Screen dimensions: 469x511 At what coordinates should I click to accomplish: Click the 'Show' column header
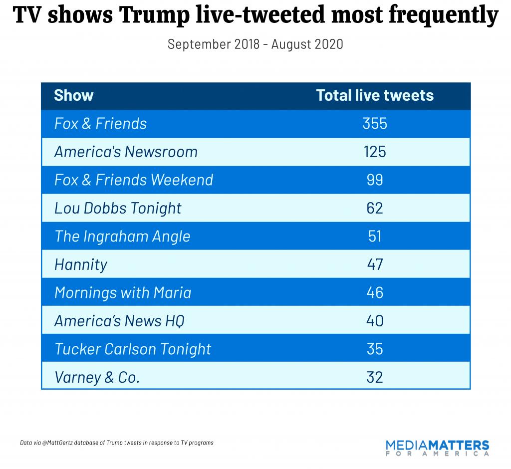pos(73,95)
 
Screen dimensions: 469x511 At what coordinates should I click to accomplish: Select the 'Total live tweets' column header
pos(375,95)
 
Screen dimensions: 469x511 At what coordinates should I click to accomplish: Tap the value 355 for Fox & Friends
pos(375,123)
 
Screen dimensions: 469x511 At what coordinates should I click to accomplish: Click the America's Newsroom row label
pos(126,152)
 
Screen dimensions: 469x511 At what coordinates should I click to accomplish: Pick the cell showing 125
pos(375,152)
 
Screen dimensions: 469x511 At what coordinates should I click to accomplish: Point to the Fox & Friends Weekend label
pos(133,180)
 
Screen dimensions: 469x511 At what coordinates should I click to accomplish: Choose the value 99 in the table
pos(375,180)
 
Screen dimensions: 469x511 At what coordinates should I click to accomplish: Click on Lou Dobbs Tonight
pos(118,208)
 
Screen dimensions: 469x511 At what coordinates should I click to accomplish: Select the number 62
pos(375,208)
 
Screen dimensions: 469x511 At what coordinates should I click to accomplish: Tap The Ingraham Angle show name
pos(122,236)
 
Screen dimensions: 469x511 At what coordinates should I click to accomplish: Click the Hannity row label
pos(81,264)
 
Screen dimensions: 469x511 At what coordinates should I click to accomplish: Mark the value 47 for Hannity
pos(375,264)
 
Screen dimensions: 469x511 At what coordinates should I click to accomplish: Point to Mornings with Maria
pos(123,292)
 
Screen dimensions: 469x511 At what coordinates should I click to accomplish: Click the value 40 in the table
pos(375,321)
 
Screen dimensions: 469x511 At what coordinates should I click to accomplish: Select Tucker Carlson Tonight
pos(133,349)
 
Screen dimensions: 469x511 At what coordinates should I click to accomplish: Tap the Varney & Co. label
pos(97,377)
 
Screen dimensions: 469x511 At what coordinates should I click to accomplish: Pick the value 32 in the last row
pos(375,377)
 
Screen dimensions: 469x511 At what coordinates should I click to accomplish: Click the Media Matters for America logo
pos(437,448)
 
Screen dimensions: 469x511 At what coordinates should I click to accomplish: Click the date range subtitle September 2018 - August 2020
pos(255,44)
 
